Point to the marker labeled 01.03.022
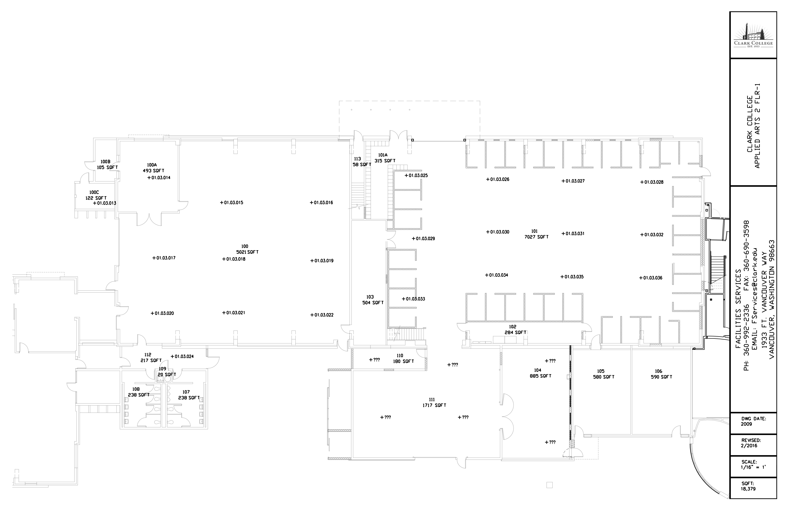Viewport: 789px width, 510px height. click(322, 315)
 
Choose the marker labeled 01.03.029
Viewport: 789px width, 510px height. click(423, 238)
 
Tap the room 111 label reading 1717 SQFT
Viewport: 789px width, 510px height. click(434, 402)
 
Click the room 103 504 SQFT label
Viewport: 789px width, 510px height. click(373, 300)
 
